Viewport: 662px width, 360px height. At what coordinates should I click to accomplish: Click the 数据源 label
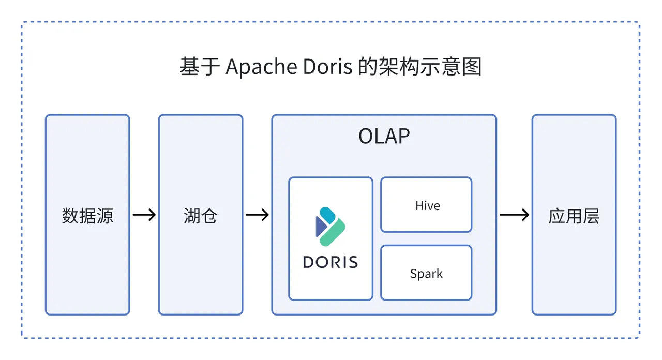pyautogui.click(x=87, y=216)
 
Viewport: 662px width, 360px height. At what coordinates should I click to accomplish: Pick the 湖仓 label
pyautogui.click(x=200, y=216)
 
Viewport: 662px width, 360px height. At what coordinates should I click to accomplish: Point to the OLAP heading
pyautogui.click(x=384, y=136)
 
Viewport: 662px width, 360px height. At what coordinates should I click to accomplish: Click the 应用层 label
pyautogui.click(x=574, y=216)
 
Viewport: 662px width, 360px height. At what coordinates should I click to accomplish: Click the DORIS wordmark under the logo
pyautogui.click(x=330, y=262)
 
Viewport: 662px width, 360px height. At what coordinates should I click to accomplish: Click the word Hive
pyautogui.click(x=427, y=206)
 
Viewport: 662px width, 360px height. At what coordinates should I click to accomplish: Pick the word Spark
pyautogui.click(x=426, y=274)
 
